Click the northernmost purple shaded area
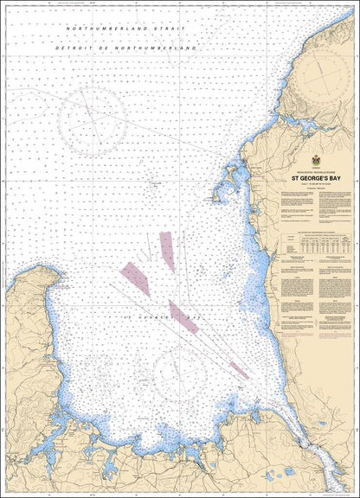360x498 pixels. pyautogui.click(x=166, y=251)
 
